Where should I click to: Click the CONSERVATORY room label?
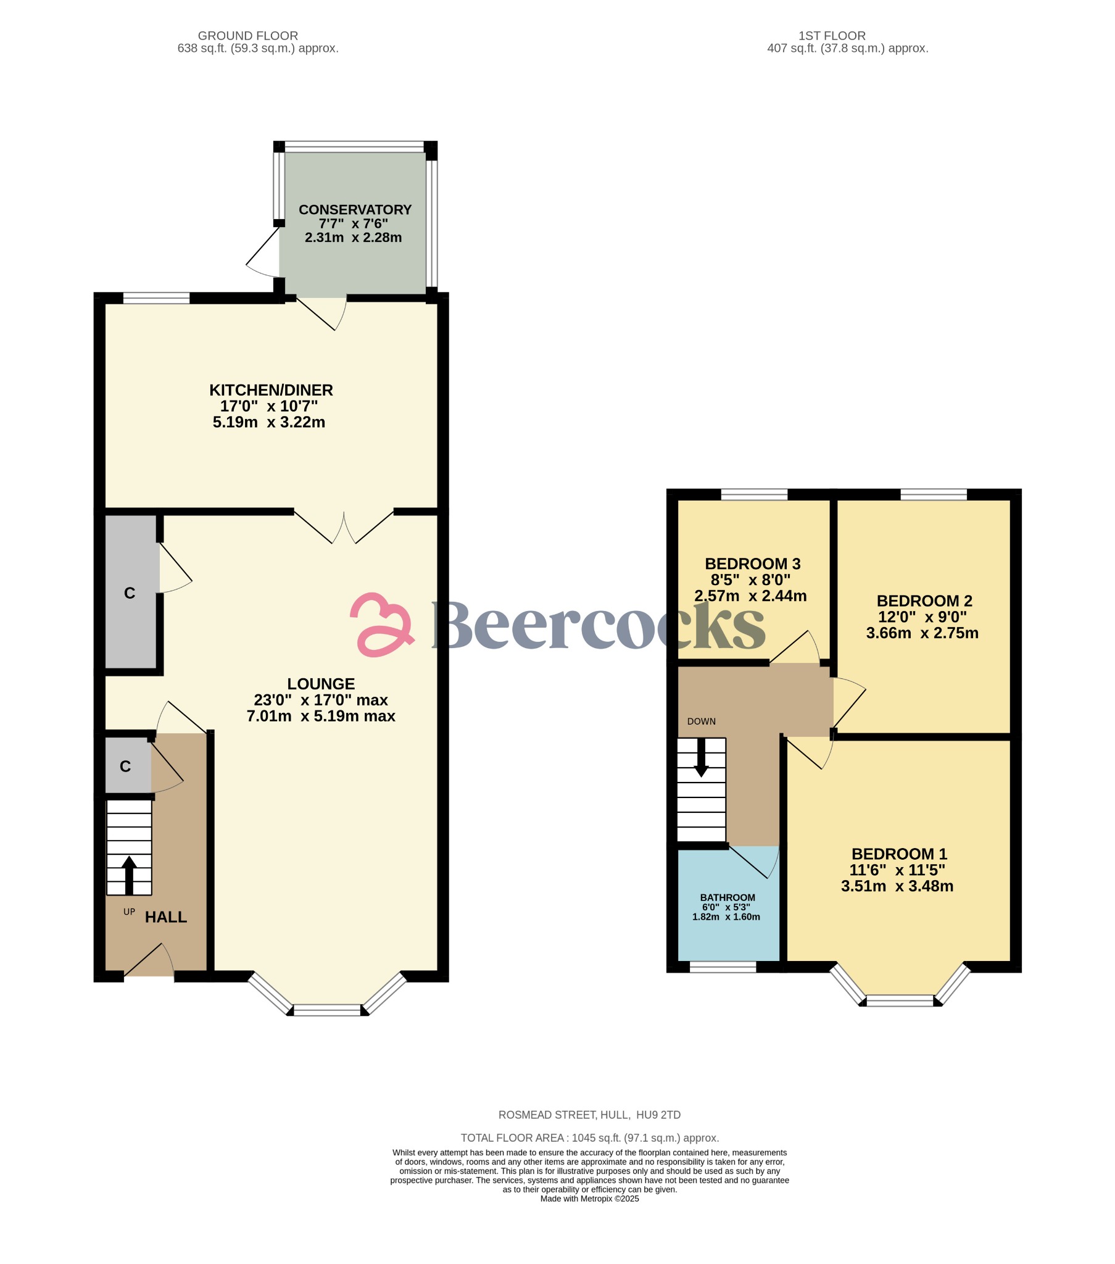[x=355, y=210]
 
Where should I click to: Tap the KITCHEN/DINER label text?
[x=271, y=390]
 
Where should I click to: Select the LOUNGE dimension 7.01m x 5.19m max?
[x=320, y=716]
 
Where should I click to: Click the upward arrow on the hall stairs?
[x=129, y=875]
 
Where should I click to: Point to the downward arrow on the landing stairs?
[x=701, y=757]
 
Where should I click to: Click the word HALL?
[x=166, y=917]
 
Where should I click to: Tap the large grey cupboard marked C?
[x=130, y=592]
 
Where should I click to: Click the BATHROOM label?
[x=727, y=897]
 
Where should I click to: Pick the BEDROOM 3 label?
[x=752, y=564]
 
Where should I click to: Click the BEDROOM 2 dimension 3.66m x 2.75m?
[x=922, y=633]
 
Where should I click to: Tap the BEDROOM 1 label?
[x=898, y=854]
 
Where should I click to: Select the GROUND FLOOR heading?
[x=247, y=36]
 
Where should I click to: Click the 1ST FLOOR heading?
[x=831, y=36]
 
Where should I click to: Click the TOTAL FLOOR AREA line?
[x=589, y=1138]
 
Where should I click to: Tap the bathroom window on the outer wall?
[x=723, y=967]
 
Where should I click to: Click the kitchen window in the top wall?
[x=156, y=299]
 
